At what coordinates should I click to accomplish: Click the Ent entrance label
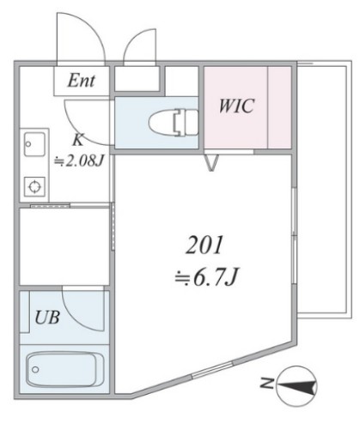point(81,81)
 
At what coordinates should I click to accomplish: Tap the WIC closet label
point(236,106)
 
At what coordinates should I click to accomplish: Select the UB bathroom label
point(47,318)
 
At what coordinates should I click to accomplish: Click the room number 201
point(204,245)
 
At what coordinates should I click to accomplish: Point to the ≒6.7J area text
point(206,276)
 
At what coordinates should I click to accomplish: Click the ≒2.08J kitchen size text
point(79,160)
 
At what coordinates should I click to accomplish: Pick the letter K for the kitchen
point(78,140)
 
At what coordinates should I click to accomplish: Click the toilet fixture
point(173,123)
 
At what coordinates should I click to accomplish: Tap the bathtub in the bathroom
point(64,369)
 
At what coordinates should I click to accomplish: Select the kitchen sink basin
point(34,144)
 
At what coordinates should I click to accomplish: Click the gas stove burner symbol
point(34,186)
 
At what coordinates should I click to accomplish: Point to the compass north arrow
point(296,386)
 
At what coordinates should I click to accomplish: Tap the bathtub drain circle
point(35,370)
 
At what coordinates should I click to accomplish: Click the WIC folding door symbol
point(212,162)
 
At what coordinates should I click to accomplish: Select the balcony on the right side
point(324,189)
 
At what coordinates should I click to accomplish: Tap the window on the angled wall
point(212,370)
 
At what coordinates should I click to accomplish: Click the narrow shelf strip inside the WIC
point(279,107)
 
